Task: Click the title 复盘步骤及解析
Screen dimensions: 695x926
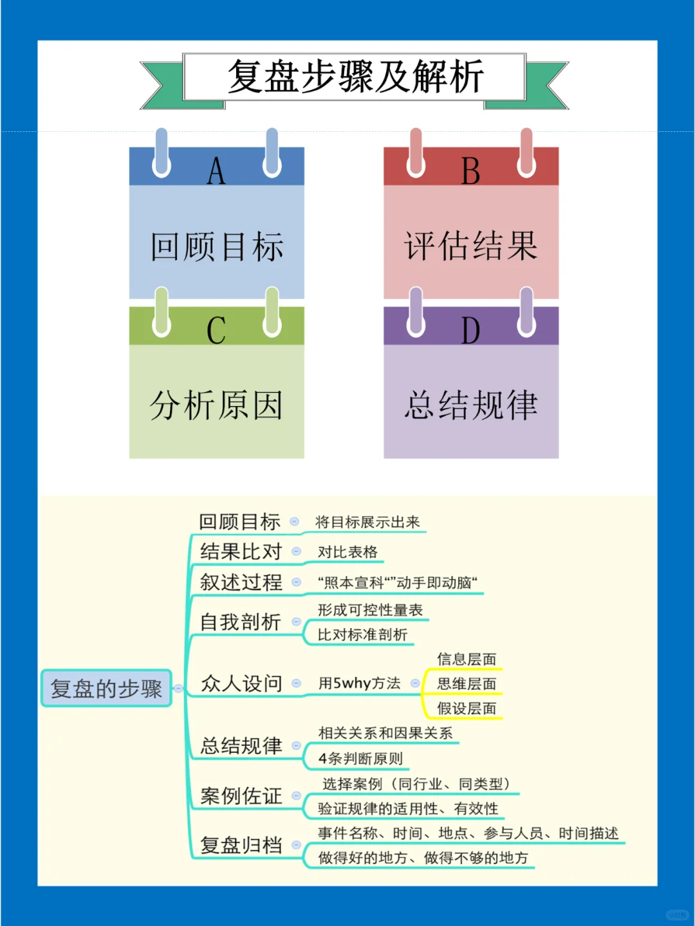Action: pyautogui.click(x=355, y=77)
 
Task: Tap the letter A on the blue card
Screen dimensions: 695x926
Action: pyautogui.click(x=216, y=171)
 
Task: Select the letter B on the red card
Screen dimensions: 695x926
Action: pyautogui.click(x=470, y=171)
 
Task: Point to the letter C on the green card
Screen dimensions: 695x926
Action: pyautogui.click(x=216, y=331)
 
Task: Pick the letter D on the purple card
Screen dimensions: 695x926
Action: pyautogui.click(x=470, y=331)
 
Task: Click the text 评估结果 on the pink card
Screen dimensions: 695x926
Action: pyautogui.click(x=471, y=246)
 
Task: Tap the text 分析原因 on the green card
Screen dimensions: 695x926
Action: pyautogui.click(x=216, y=405)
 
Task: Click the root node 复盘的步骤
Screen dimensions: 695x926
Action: pyautogui.click(x=106, y=689)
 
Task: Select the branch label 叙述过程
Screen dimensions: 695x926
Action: pyautogui.click(x=241, y=582)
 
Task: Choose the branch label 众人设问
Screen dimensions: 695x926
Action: pyautogui.click(x=241, y=683)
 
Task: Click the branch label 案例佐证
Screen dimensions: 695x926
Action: pyautogui.click(x=241, y=796)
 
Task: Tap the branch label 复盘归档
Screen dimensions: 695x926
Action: pyautogui.click(x=241, y=845)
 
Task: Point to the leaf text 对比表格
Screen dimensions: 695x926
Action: pyautogui.click(x=347, y=552)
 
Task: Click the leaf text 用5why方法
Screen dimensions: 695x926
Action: pyautogui.click(x=359, y=683)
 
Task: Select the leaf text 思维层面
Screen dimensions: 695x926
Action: pyautogui.click(x=467, y=683)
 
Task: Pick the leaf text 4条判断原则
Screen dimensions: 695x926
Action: pyautogui.click(x=360, y=759)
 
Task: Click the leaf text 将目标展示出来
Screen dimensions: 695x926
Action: pyautogui.click(x=367, y=522)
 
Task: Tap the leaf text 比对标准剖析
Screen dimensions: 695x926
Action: pyautogui.click(x=362, y=634)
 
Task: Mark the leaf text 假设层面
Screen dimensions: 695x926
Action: pyautogui.click(x=467, y=708)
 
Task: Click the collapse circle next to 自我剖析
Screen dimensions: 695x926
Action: pyautogui.click(x=297, y=622)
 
